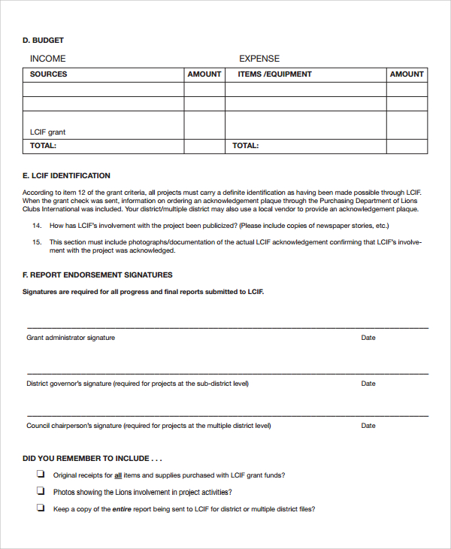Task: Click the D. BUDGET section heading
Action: [43, 40]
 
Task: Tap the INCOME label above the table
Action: [47, 59]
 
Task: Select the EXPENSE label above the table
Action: [259, 59]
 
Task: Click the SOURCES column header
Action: [48, 74]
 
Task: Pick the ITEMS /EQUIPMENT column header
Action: [274, 74]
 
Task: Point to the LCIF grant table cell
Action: [47, 132]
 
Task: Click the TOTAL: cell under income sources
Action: [43, 146]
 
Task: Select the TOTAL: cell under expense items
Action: [246, 146]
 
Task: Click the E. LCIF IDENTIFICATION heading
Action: [66, 176]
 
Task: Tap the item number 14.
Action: [36, 226]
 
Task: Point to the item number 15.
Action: [36, 242]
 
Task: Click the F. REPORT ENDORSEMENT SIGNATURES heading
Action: [98, 275]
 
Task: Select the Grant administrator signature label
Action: [71, 338]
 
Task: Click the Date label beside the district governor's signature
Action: [368, 384]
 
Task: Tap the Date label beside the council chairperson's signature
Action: [368, 426]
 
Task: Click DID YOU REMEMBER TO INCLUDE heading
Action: [92, 458]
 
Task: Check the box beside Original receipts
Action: [40, 475]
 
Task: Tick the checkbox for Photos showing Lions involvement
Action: [40, 491]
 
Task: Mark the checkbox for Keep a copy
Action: [40, 508]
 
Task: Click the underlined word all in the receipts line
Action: [118, 475]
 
